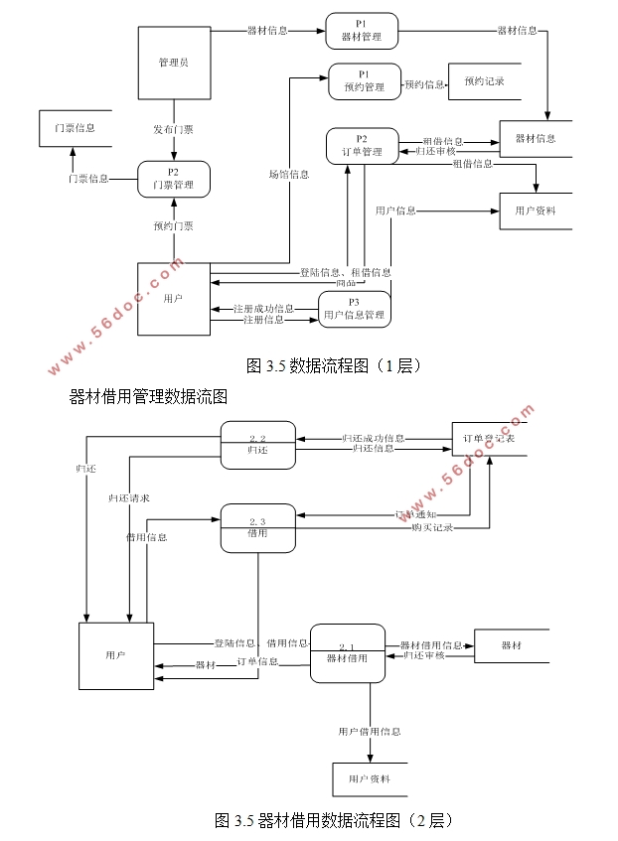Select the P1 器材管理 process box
click(x=361, y=31)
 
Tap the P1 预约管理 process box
click(x=365, y=81)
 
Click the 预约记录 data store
click(x=484, y=81)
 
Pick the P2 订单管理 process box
click(x=362, y=145)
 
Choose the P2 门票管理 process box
click(x=174, y=179)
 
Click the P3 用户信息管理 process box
click(x=354, y=309)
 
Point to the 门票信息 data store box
click(x=76, y=128)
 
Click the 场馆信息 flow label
click(x=288, y=175)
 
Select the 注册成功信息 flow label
click(x=263, y=308)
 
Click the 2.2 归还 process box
click(x=257, y=444)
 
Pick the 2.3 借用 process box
click(x=257, y=527)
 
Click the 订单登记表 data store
click(x=489, y=438)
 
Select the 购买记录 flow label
click(x=432, y=528)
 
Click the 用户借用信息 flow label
click(x=369, y=732)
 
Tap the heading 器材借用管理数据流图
click(x=149, y=396)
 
